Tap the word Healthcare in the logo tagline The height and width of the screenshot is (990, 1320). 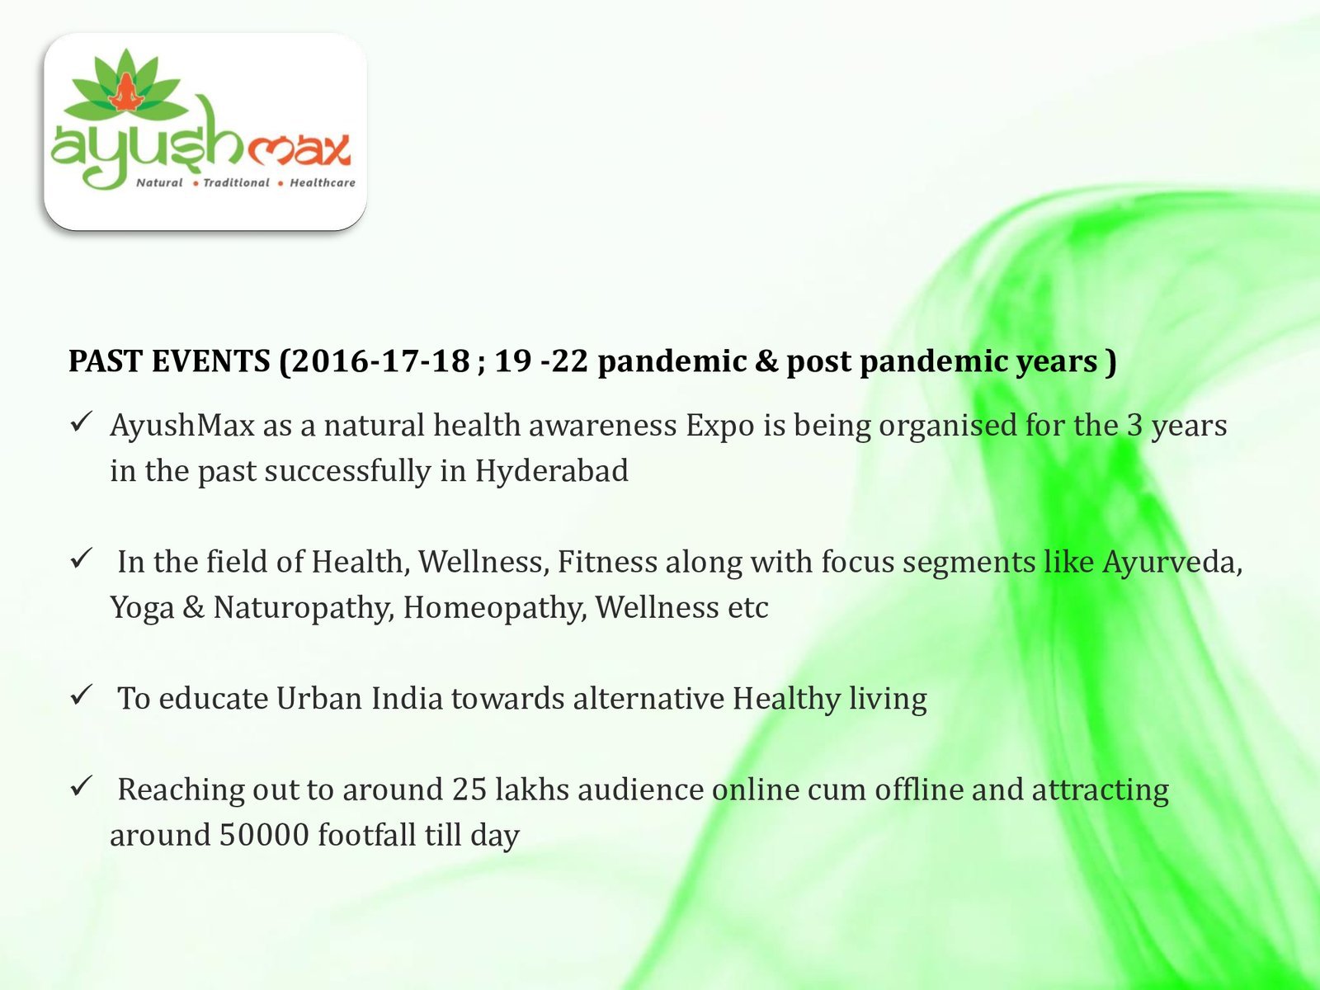[x=323, y=182]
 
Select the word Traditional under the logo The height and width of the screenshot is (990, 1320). [x=236, y=182]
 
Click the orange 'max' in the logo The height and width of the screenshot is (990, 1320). [x=299, y=149]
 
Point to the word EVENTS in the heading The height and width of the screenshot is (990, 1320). [x=211, y=361]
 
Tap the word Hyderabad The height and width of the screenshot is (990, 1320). [x=551, y=470]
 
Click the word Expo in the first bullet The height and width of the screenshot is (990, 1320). [x=720, y=427]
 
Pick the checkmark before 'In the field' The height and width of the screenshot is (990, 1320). [x=81, y=559]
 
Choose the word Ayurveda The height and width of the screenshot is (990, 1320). [x=1172, y=563]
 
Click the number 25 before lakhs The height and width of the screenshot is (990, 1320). [x=469, y=790]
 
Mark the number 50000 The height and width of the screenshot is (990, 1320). [x=264, y=836]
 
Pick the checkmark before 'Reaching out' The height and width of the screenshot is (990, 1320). [x=81, y=785]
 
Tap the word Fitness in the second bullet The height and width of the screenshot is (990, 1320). [x=607, y=562]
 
